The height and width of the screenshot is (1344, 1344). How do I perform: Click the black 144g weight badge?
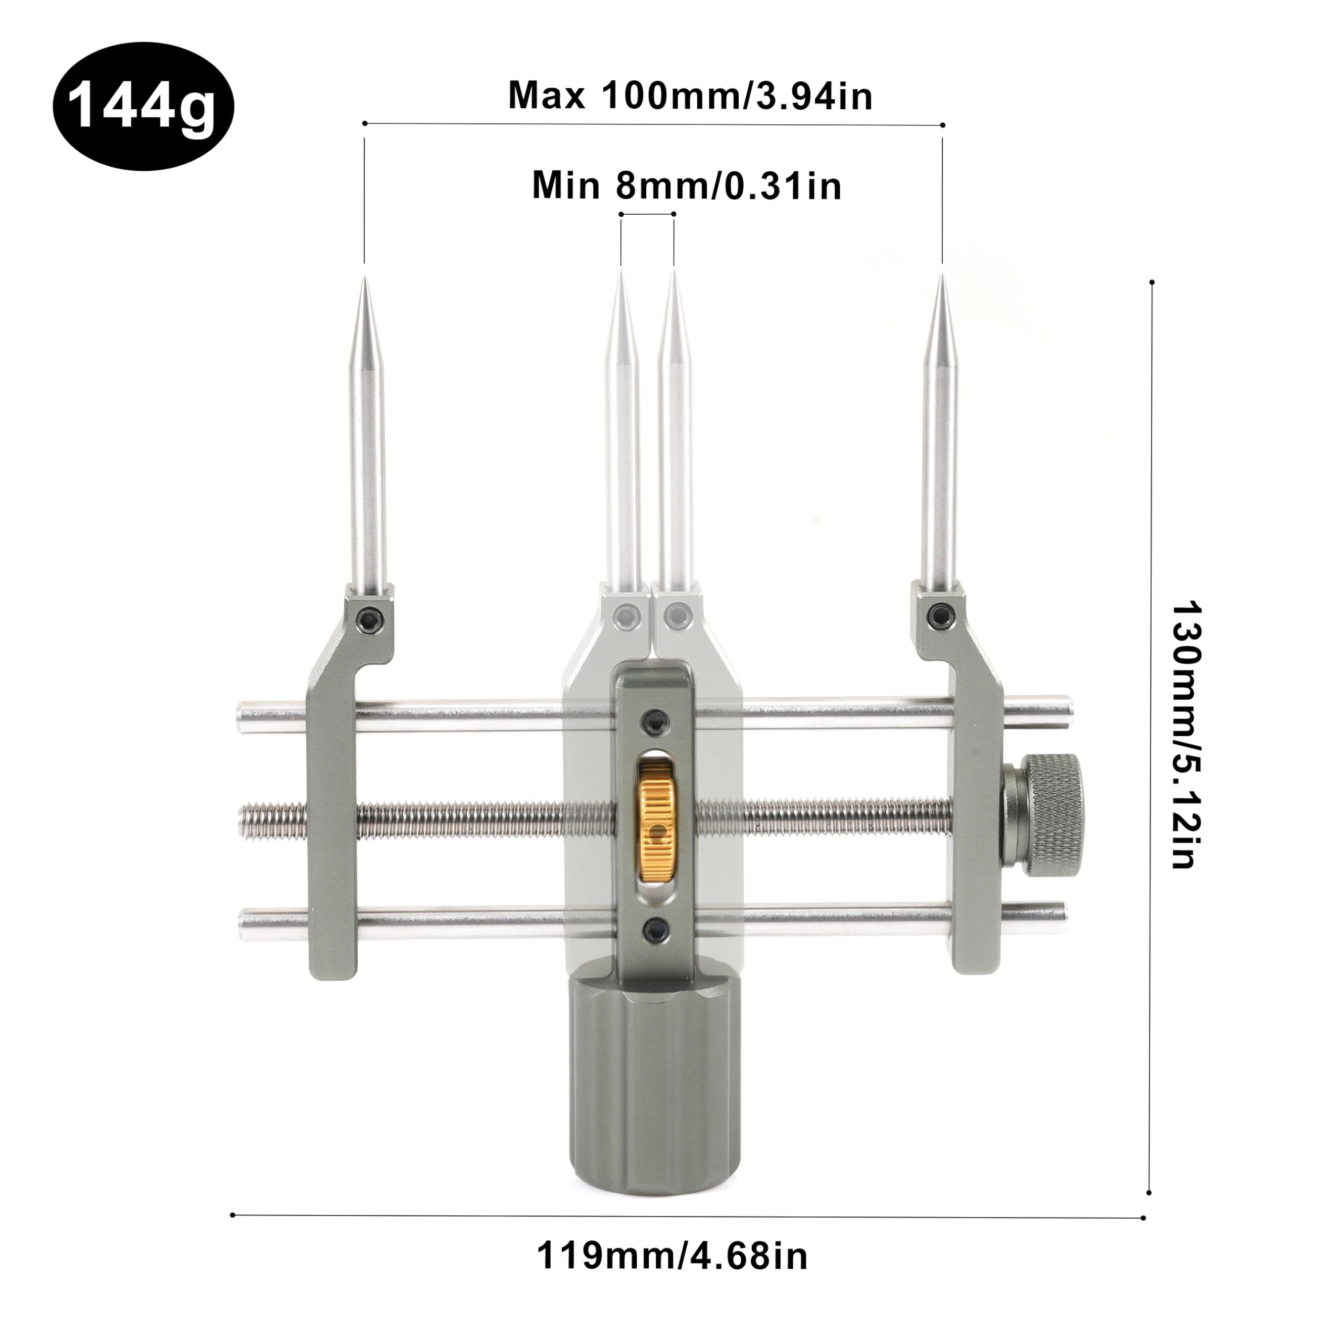click(143, 107)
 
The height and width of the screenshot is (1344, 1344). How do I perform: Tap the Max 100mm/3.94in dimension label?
click(690, 96)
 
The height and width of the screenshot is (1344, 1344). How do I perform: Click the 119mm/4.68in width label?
click(672, 1276)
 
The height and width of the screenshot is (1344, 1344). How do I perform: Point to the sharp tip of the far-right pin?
click(942, 275)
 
